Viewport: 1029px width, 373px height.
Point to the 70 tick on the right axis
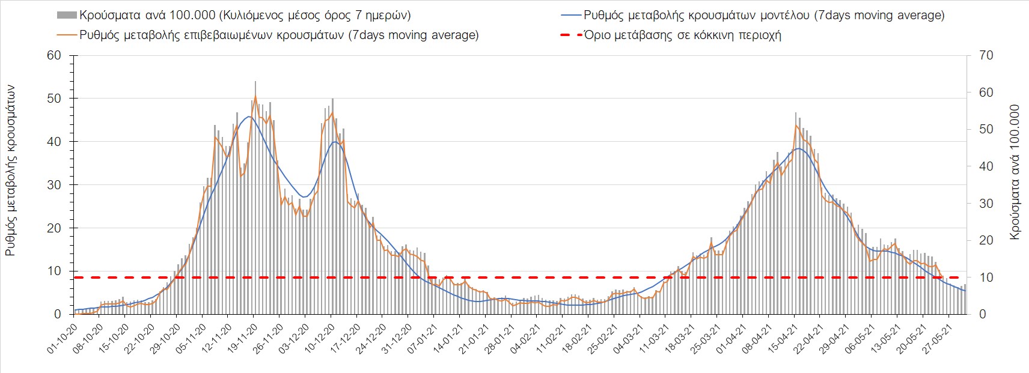click(986, 55)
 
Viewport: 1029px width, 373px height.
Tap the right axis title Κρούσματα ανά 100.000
click(1015, 172)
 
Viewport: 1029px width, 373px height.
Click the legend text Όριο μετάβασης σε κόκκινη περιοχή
click(682, 35)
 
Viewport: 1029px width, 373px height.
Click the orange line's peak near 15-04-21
click(796, 125)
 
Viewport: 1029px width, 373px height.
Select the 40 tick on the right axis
click(986, 166)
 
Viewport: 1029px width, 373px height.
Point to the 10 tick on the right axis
click(986, 277)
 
